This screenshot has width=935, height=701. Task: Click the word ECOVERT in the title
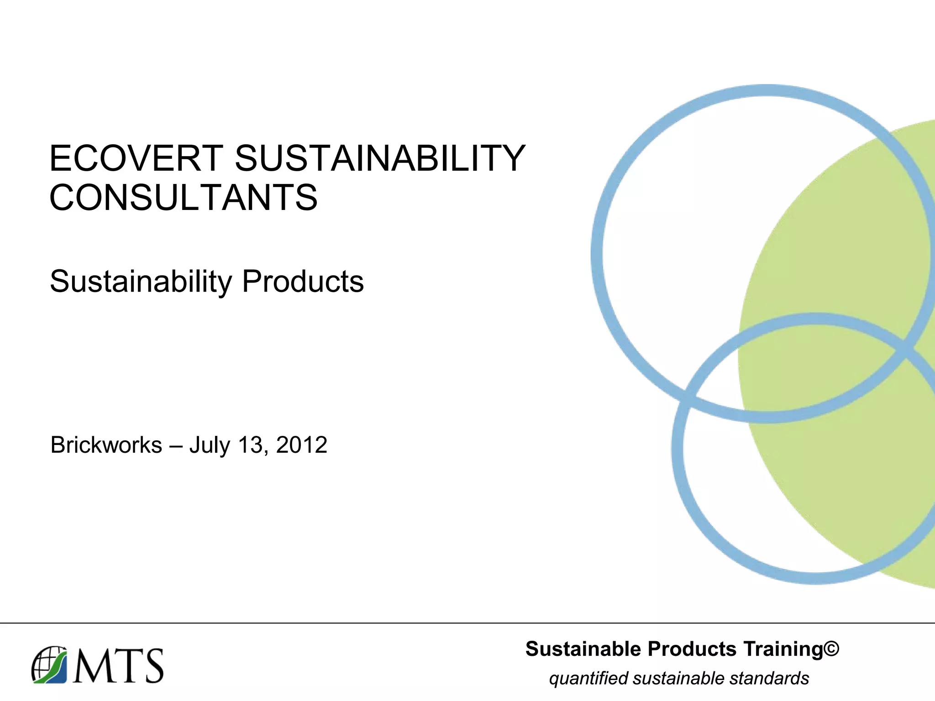point(137,158)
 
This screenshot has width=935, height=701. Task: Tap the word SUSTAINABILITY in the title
point(380,158)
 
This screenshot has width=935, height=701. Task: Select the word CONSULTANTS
point(183,198)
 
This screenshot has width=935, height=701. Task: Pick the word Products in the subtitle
point(303,282)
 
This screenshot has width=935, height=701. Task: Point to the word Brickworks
point(106,445)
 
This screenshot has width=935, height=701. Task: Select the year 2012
point(301,445)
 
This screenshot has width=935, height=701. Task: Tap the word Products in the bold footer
point(692,649)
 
